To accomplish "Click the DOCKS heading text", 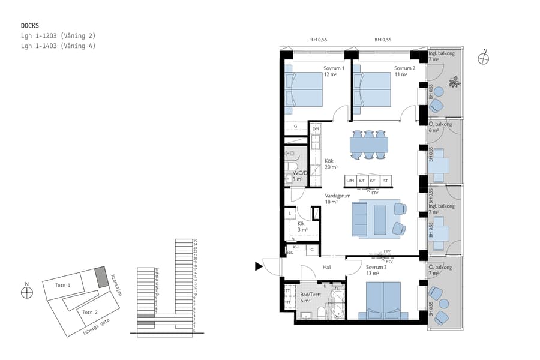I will coord(31,26).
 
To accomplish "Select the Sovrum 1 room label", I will coord(334,71).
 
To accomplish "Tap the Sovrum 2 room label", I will coord(404,71).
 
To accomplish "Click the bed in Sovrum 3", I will coord(383,299).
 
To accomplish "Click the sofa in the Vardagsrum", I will coord(360,218).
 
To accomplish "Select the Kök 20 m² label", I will coord(331,164).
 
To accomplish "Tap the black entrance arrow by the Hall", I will coord(259,266).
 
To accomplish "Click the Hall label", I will coord(326,268).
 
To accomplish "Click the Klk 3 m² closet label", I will coord(302,227).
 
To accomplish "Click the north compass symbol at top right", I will coord(484,58).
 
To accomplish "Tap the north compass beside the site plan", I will coord(26,292).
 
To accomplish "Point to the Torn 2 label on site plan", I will coord(90,312).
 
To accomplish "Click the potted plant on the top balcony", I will coord(455,81).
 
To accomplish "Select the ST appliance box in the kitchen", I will coord(385,181).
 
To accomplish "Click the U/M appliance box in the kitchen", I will coord(350,181).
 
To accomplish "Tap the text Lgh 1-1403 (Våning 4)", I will coord(58,46).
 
